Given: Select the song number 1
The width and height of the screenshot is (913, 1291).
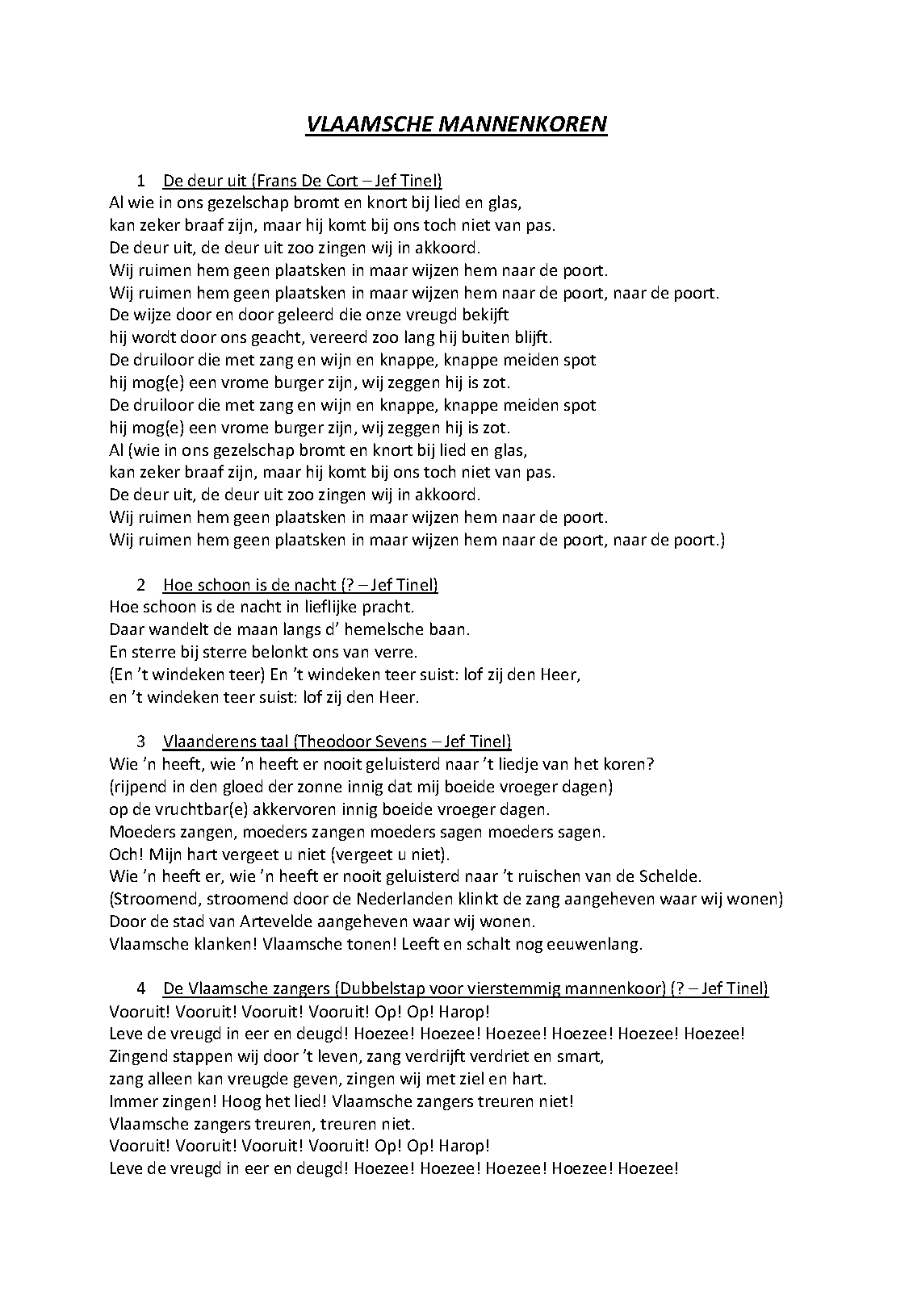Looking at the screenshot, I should tap(141, 180).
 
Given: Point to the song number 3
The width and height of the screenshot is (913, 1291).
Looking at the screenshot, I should tap(141, 742).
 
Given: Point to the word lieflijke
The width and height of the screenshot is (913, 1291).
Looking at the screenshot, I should tap(328, 607).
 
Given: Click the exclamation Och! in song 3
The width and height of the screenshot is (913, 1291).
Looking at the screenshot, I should tap(124, 854).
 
